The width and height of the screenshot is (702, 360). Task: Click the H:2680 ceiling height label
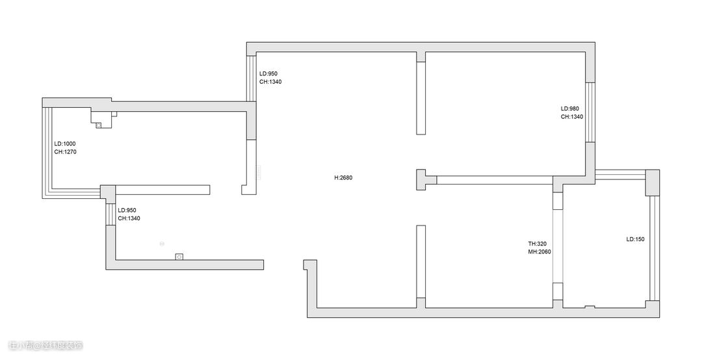pyautogui.click(x=343, y=177)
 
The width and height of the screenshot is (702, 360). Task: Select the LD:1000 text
pyautogui.click(x=65, y=144)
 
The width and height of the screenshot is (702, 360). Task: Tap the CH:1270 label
pyautogui.click(x=66, y=152)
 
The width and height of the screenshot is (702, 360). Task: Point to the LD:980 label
pyautogui.click(x=570, y=109)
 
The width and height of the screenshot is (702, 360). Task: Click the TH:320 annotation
pyautogui.click(x=537, y=244)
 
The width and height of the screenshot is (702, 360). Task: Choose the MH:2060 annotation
pyautogui.click(x=539, y=252)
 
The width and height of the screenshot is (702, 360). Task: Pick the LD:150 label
pyautogui.click(x=635, y=239)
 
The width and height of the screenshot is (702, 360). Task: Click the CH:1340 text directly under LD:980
pyautogui.click(x=572, y=117)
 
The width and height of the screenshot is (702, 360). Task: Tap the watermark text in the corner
pyautogui.click(x=45, y=345)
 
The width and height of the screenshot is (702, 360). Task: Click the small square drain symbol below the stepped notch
pyautogui.click(x=99, y=125)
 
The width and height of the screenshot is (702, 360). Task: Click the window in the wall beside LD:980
pyautogui.click(x=590, y=112)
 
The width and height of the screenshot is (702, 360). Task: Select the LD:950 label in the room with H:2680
pyautogui.click(x=268, y=73)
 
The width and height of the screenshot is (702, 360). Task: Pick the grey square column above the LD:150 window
pyautogui.click(x=653, y=182)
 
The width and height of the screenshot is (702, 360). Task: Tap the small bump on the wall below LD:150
pyautogui.click(x=589, y=306)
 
